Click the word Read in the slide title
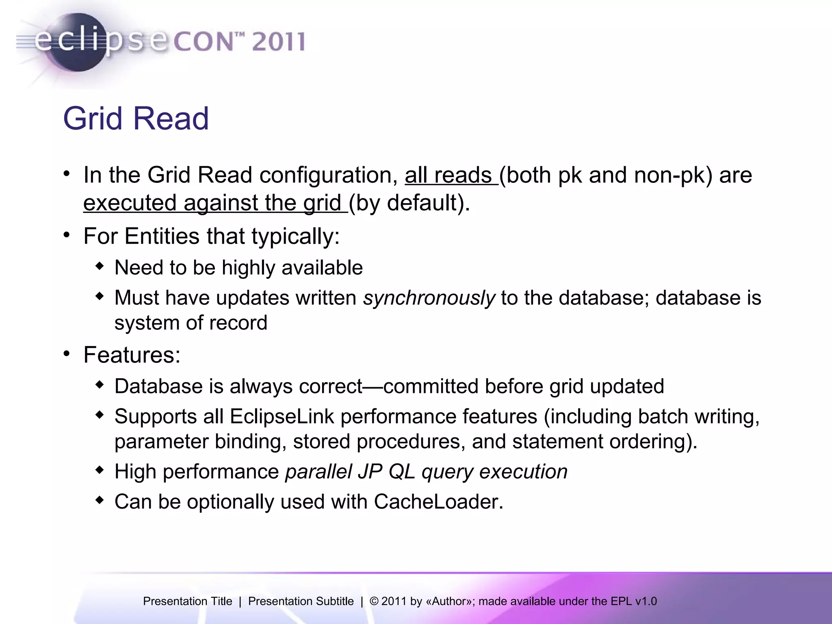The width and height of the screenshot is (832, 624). [x=171, y=118]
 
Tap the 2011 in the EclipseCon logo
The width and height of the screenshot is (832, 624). [x=278, y=41]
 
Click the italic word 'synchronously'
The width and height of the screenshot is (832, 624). [x=429, y=298]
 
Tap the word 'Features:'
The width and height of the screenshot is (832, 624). [x=132, y=355]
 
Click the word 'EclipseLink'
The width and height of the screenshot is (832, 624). [x=282, y=416]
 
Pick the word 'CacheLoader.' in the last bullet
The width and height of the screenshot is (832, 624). [x=439, y=502]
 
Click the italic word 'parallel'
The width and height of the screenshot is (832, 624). [x=318, y=472]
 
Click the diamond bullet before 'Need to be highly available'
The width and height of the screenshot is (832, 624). [x=100, y=266]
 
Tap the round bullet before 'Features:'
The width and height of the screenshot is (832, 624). [x=67, y=354]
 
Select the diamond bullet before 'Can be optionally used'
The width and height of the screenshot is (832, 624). [x=100, y=500]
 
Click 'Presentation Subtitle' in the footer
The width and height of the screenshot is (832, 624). [x=301, y=601]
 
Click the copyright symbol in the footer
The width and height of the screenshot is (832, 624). [x=374, y=601]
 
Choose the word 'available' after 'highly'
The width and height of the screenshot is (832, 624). [x=322, y=268]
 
